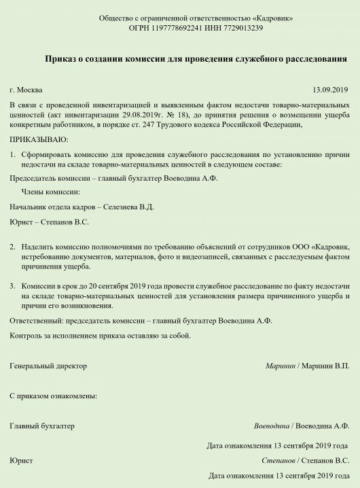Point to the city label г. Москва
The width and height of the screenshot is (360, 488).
26,90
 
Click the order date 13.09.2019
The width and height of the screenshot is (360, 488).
330,90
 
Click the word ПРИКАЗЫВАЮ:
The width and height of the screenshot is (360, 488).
39,139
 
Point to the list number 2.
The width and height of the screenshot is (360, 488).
12,245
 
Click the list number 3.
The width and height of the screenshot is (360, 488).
12,287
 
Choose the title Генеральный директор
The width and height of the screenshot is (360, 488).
48,366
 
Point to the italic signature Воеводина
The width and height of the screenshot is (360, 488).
271,426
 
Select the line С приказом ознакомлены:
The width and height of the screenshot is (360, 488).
53,396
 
